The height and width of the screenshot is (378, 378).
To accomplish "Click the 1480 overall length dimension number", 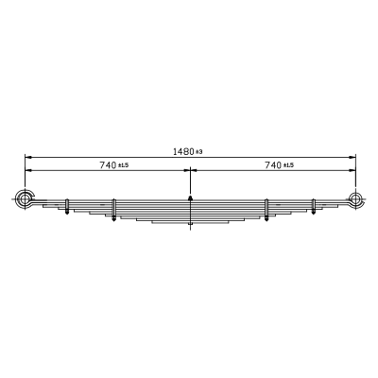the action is [x=183, y=151].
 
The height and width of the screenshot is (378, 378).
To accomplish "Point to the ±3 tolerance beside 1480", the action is [x=198, y=152].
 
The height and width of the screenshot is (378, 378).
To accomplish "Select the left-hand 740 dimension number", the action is [x=108, y=165].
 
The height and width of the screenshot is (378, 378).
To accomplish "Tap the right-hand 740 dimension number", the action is [x=273, y=165].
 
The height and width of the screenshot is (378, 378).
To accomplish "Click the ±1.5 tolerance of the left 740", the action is [x=124, y=165].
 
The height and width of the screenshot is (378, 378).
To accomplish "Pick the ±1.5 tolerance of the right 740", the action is [x=288, y=165].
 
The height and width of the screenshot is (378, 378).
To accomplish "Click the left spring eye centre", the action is [x=25, y=199].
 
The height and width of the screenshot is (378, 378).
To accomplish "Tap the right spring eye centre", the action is [x=355, y=199].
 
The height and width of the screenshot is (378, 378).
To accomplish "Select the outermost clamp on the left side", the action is [x=67, y=206].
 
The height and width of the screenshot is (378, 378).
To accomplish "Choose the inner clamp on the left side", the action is [x=114, y=210].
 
